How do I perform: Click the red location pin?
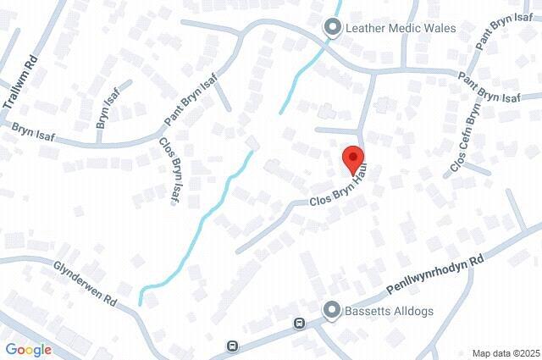pos(353,158)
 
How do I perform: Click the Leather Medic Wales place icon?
pos(333,28)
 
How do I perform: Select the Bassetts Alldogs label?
pos(390,311)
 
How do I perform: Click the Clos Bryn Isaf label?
pos(169,169)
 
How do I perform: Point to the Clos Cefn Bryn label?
pos(467,136)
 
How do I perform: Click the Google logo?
pos(28,349)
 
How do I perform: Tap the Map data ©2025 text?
pos(505,353)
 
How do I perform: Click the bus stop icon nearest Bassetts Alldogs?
pos(299,324)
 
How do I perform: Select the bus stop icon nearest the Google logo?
pos(232,346)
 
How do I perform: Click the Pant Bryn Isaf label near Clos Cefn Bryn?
pos(489,88)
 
